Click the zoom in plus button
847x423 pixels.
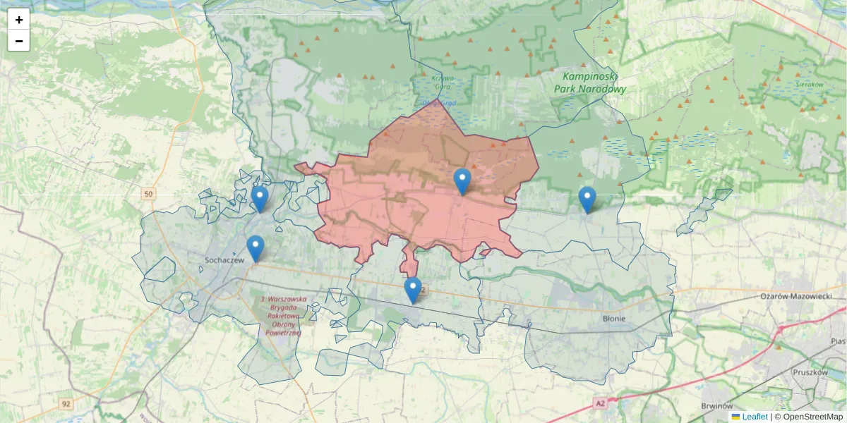point(19,20)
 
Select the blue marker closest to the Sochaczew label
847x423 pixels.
point(256,248)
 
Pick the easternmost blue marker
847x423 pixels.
point(587,200)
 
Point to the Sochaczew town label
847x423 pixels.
point(224,259)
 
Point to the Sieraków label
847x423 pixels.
point(810,84)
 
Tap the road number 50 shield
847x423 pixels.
point(147,194)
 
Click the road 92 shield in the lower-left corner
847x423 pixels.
point(66,404)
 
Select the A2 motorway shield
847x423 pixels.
point(600,403)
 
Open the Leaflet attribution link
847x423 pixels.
point(754,417)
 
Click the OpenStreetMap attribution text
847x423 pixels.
point(808,417)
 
